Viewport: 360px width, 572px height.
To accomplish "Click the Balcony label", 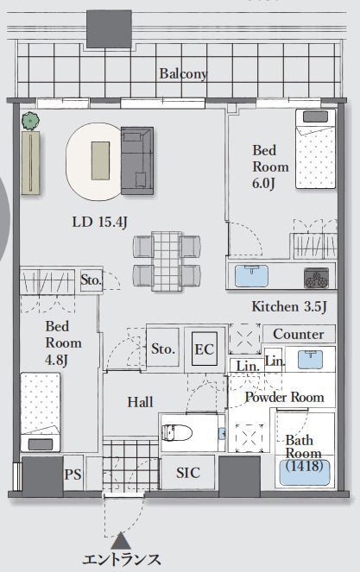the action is (x=183, y=74).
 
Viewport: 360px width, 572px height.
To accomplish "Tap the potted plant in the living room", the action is (x=30, y=121).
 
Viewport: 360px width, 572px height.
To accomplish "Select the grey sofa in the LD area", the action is (x=137, y=160).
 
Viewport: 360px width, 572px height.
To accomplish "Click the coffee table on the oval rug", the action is (x=100, y=160).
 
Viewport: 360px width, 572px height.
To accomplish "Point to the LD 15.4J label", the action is (x=99, y=222).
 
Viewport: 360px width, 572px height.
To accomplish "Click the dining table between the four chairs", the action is (x=167, y=261).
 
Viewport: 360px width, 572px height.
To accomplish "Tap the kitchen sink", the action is (x=251, y=275).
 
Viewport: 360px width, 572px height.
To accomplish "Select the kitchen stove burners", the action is (x=316, y=278).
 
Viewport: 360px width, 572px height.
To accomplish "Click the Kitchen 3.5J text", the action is (x=289, y=307).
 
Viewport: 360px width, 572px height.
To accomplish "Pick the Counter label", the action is (x=299, y=334).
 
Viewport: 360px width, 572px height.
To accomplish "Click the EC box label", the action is (x=204, y=349).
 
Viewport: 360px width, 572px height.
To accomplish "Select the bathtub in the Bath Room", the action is (x=305, y=473).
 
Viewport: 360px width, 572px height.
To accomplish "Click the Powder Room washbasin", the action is (x=310, y=359).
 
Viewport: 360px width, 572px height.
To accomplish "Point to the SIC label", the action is (x=188, y=473).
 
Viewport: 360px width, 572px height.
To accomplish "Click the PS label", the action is (x=73, y=475).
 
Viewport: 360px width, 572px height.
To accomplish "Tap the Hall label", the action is (x=140, y=402).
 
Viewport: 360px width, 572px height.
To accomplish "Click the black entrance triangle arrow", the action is (x=121, y=541).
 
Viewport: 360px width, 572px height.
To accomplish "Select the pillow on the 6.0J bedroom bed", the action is (x=315, y=116).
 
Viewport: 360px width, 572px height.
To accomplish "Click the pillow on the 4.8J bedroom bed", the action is (x=41, y=444).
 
